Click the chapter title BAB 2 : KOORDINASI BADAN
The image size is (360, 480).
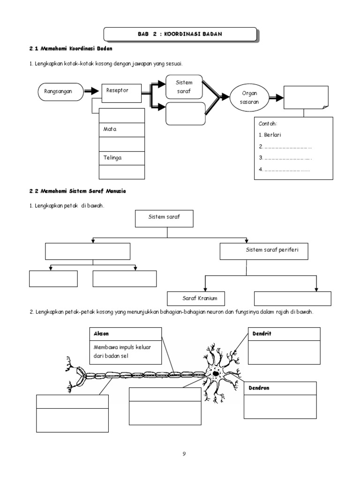(180, 34)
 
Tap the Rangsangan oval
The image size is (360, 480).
(60, 92)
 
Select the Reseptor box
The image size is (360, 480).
(121, 93)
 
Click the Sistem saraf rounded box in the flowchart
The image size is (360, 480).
(185, 87)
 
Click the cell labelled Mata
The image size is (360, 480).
(122, 129)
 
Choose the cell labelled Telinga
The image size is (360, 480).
(122, 158)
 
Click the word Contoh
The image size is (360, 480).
(268, 124)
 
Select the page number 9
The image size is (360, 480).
(184, 454)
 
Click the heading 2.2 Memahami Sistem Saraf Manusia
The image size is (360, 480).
(78, 192)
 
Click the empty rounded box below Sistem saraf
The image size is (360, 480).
(186, 114)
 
